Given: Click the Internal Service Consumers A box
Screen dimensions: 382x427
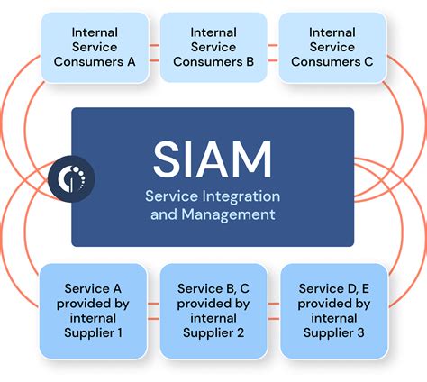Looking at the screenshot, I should pos(95,47).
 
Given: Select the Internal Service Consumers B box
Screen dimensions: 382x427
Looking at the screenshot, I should pos(213,47).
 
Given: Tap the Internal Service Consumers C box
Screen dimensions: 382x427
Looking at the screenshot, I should pos(332,47).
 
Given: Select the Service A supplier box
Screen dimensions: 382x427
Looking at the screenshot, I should pos(93,309).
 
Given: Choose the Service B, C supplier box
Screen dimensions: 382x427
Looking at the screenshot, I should pos(213,309).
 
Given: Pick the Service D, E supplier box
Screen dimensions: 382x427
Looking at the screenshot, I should pos(333,309).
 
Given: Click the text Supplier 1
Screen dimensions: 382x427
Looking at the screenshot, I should pos(93,332).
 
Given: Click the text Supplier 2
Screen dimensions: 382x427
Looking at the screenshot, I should pos(213,332).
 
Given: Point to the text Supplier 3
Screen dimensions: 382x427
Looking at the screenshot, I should pos(333,332).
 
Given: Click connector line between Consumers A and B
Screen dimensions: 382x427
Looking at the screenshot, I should pos(154,47).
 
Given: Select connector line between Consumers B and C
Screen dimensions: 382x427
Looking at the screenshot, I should pos(272,47).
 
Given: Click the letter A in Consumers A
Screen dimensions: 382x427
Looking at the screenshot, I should pos(131,61).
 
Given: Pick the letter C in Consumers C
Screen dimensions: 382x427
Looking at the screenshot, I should pos(367,61).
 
